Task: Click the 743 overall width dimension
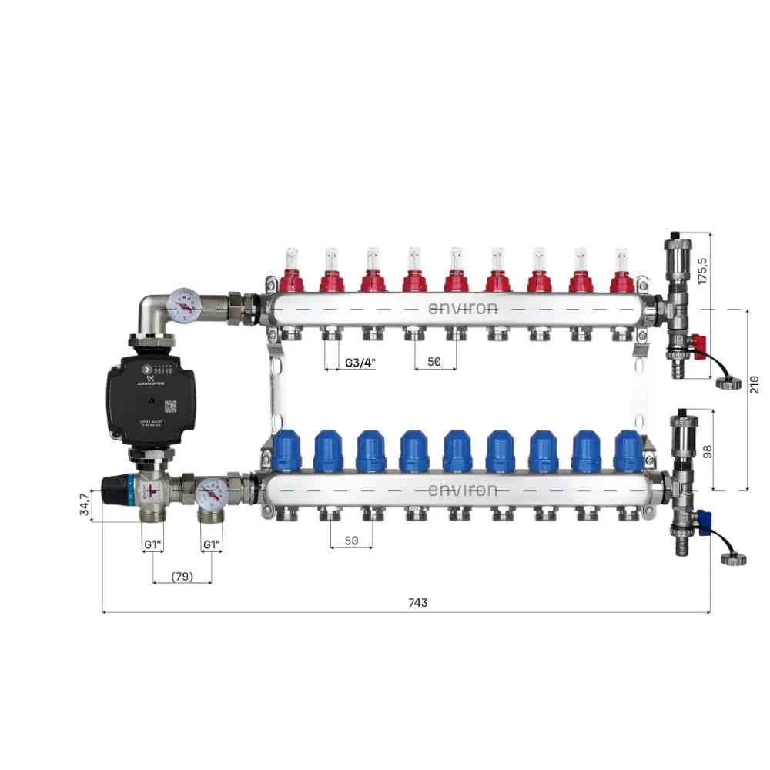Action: tap(417, 603)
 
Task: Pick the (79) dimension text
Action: tap(182, 575)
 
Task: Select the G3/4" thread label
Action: tap(360, 362)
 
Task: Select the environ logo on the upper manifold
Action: tap(462, 308)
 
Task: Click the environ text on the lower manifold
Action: tap(462, 490)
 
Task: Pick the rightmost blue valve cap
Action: tap(628, 450)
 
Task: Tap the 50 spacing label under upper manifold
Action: tap(434, 362)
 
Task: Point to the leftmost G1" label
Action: tap(153, 545)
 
